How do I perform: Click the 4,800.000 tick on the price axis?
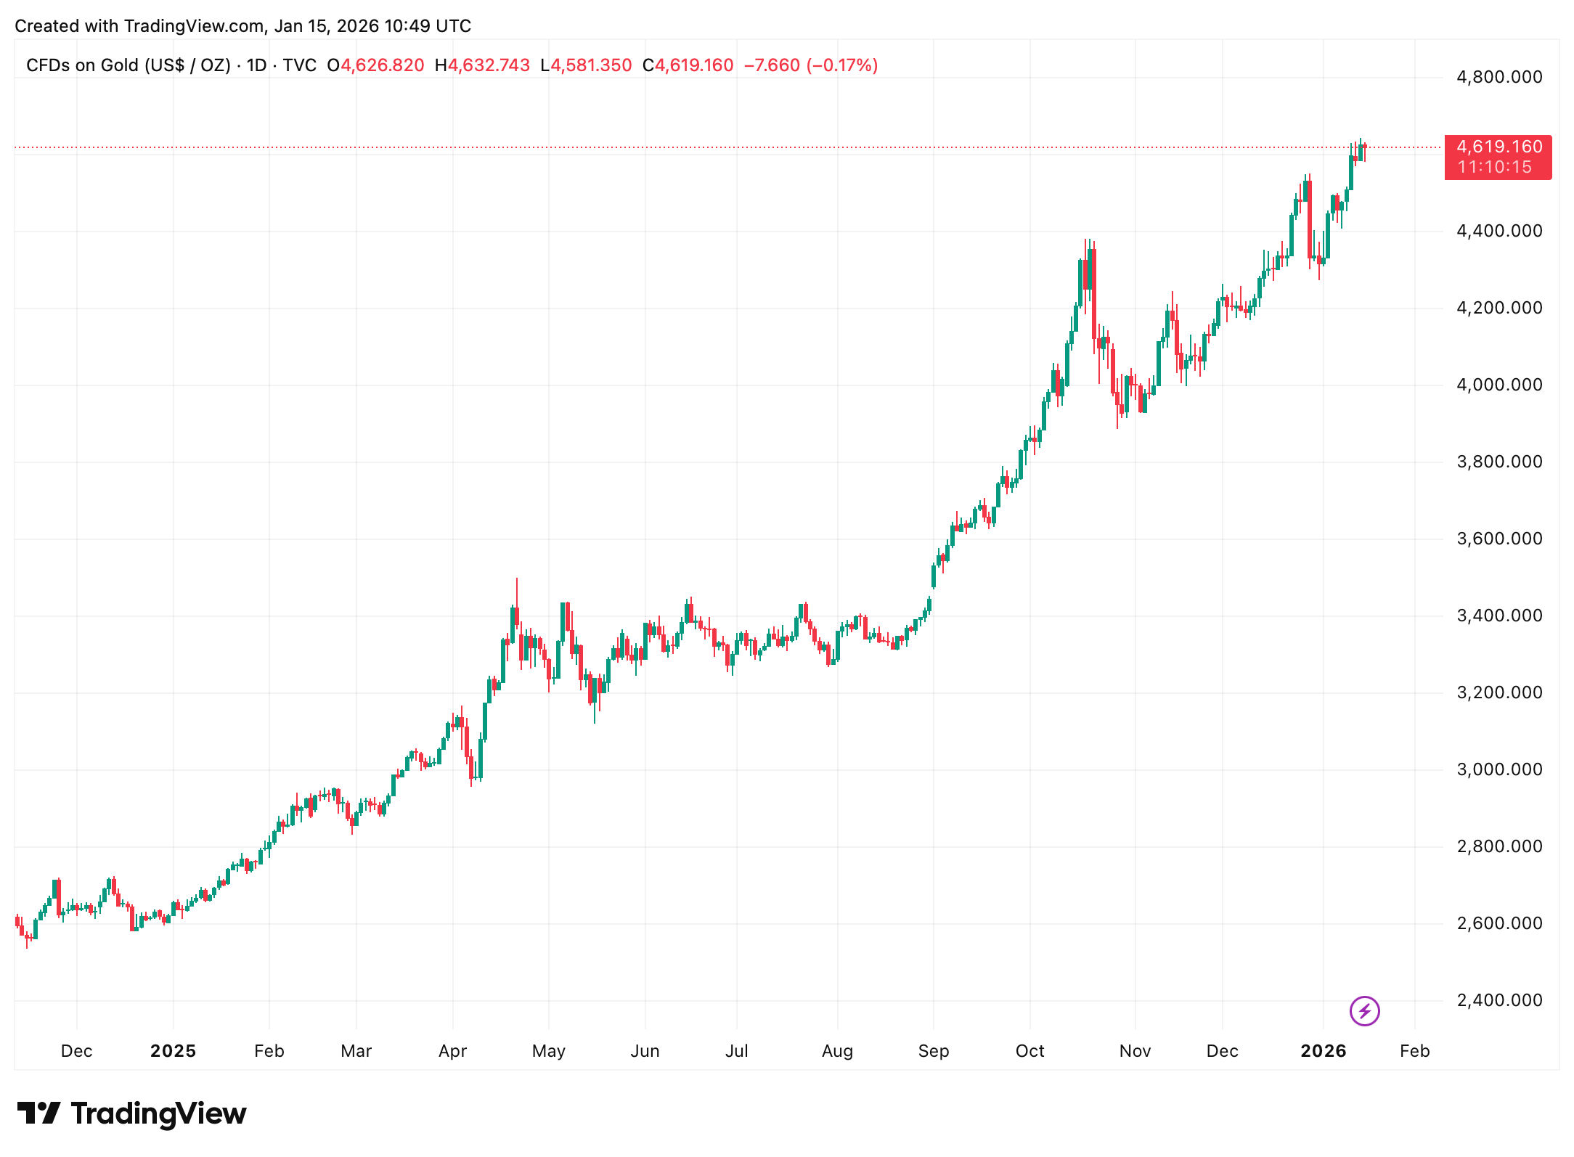pyautogui.click(x=1499, y=77)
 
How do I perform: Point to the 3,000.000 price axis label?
pyautogui.click(x=1499, y=769)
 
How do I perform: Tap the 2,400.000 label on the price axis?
pyautogui.click(x=1499, y=1000)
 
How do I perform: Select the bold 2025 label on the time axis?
pyautogui.click(x=173, y=1051)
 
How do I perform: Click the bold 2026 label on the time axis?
pyautogui.click(x=1323, y=1051)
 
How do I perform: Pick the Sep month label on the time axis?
pyautogui.click(x=933, y=1051)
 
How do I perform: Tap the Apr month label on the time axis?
pyautogui.click(x=452, y=1051)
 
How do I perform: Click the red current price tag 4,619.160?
pyautogui.click(x=1498, y=147)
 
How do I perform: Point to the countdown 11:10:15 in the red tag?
pyautogui.click(x=1494, y=168)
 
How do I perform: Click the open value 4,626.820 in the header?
pyautogui.click(x=382, y=65)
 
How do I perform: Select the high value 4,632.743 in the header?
pyautogui.click(x=489, y=65)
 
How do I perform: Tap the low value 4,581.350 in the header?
pyautogui.click(x=590, y=65)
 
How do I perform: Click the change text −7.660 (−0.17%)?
pyautogui.click(x=810, y=65)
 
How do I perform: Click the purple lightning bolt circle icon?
pyautogui.click(x=1364, y=1010)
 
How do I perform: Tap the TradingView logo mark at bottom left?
pyautogui.click(x=38, y=1113)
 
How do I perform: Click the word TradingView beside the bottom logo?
pyautogui.click(x=158, y=1113)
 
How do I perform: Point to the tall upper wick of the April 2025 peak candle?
pyautogui.click(x=516, y=592)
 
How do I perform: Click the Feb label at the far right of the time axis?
pyautogui.click(x=1414, y=1051)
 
